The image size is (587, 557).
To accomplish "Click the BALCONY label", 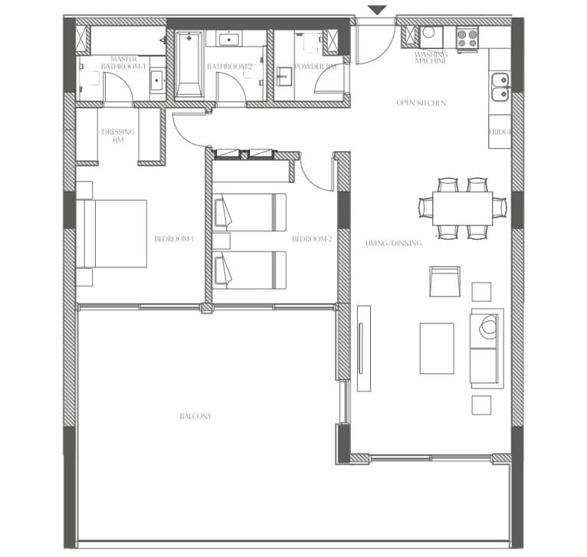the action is (195, 416).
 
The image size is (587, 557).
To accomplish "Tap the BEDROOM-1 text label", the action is (175, 239).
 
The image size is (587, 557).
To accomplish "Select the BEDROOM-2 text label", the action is (312, 239).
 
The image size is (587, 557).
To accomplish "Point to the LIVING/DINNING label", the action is (393, 243).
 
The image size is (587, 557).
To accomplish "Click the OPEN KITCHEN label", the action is (421, 103).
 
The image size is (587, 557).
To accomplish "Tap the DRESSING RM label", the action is (118, 136).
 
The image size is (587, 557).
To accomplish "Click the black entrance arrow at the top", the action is (377, 10).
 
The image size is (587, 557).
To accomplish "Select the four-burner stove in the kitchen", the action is (468, 38).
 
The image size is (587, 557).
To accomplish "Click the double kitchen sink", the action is (500, 87).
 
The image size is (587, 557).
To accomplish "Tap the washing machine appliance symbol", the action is (431, 37).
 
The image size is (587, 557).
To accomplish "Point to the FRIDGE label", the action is (500, 132).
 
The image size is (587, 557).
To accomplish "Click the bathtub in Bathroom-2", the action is (189, 64).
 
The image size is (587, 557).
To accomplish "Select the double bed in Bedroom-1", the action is (112, 234).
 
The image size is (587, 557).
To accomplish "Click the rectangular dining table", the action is (462, 208).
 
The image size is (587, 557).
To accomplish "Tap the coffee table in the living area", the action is (437, 349).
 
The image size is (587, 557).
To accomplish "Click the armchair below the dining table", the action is (444, 281).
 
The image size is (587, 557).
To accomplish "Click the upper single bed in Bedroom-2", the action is (250, 212).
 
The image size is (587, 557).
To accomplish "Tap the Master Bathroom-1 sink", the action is (156, 80).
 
